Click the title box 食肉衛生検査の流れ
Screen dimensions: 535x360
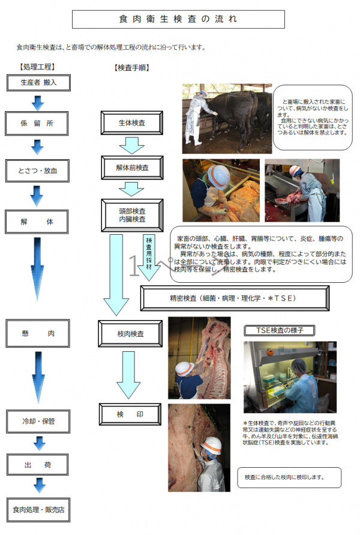coord(178,19)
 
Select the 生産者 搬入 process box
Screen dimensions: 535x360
coord(38,82)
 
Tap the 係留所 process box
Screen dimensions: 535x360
coord(38,124)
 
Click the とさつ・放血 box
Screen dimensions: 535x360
coord(38,171)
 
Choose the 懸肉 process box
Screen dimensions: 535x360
coord(38,331)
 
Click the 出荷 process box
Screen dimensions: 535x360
coord(38,464)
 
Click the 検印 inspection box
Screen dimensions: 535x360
coord(130,415)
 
